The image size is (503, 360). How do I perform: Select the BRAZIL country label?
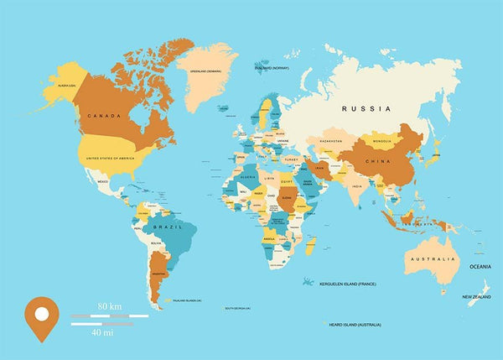tap(168, 227)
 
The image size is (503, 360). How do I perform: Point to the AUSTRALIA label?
tap(432, 259)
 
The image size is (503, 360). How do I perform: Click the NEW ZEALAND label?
tap(475, 296)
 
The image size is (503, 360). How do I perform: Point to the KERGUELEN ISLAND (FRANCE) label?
tap(348, 284)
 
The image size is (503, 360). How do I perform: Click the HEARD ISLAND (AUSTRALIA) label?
tap(356, 324)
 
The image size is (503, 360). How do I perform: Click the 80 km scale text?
tap(109, 305)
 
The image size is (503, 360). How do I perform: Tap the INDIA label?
tap(355, 186)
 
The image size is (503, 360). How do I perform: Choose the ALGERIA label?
tap(248, 177)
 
